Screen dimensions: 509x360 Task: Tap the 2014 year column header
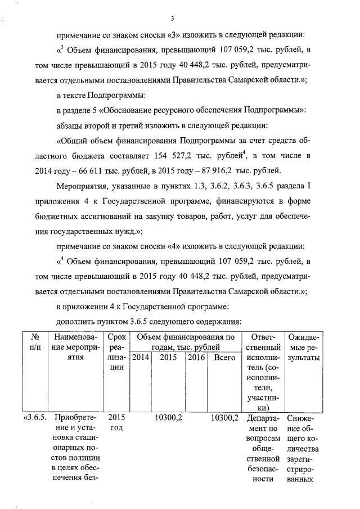(x=139, y=357)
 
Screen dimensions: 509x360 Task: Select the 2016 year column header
(x=196, y=357)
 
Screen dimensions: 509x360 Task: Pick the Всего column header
(x=224, y=357)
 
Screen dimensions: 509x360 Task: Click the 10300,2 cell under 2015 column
(x=167, y=418)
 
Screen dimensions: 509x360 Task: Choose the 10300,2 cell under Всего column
(x=224, y=418)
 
